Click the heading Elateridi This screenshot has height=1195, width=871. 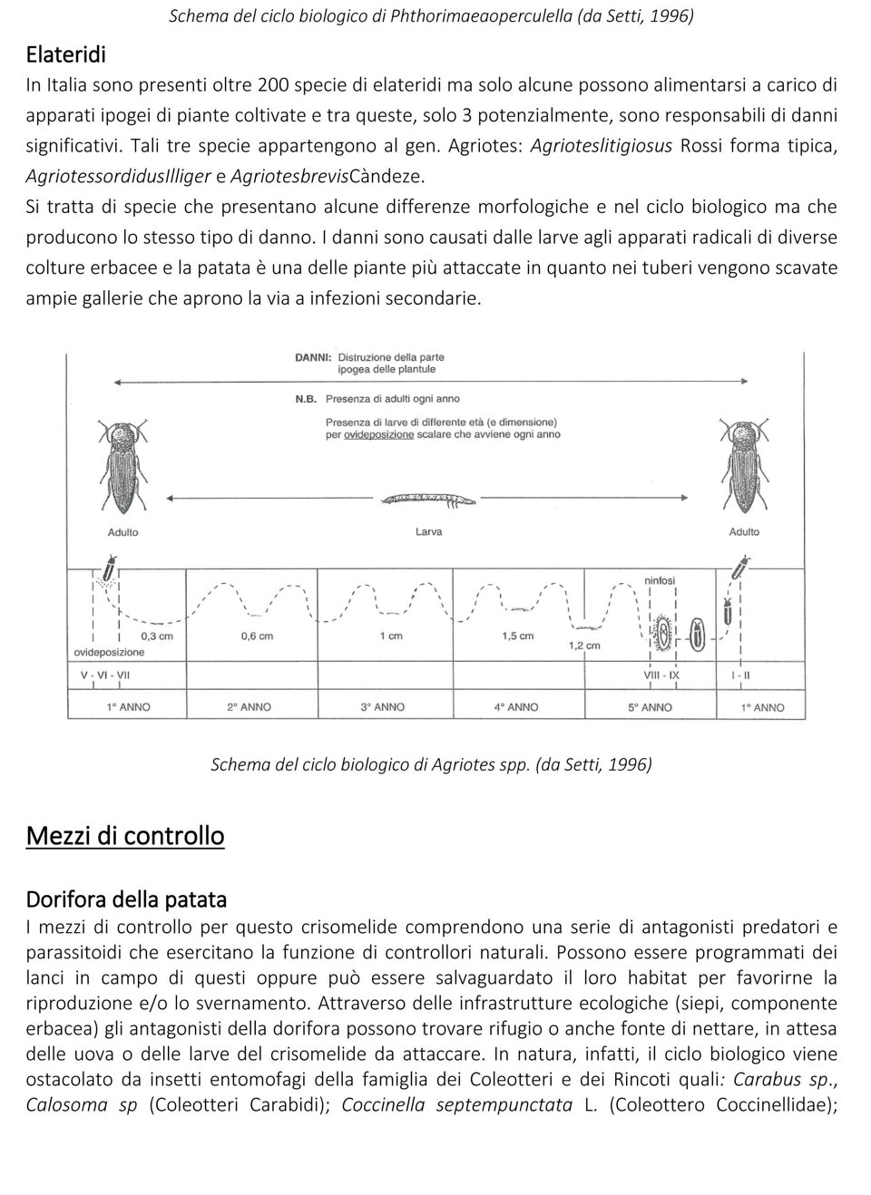[x=65, y=54]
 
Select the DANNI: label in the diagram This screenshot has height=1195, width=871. [x=313, y=357]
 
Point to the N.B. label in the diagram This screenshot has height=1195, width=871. [x=305, y=398]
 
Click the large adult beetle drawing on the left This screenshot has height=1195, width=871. [x=122, y=468]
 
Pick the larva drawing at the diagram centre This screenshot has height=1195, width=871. [x=428, y=500]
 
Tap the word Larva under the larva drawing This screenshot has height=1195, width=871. [x=428, y=531]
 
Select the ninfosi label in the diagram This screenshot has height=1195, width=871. [x=660, y=580]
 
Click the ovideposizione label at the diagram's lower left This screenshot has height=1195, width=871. [x=109, y=652]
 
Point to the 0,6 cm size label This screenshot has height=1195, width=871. [x=257, y=636]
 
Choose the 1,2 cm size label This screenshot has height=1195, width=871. [x=583, y=646]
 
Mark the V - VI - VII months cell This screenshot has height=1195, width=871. [x=105, y=675]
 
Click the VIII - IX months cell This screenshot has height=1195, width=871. [x=661, y=675]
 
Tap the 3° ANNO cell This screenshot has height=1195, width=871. [x=383, y=706]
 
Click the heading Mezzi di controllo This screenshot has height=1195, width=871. [x=125, y=835]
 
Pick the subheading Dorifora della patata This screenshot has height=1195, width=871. [x=126, y=899]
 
